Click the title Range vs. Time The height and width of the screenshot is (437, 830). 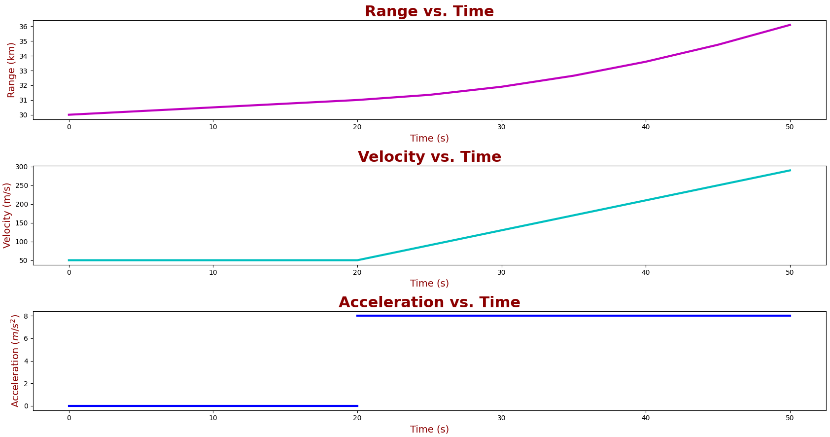429,11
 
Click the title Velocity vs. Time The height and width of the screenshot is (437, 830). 429,157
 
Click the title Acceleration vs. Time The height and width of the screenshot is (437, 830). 429,302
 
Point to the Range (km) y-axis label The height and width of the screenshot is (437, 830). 11,70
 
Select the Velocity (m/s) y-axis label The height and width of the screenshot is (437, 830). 7,215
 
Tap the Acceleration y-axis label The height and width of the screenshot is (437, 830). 15,361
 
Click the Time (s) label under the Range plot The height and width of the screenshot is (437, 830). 429,139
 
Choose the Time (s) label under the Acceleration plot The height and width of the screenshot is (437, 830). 429,429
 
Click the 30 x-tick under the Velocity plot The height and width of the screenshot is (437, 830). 501,272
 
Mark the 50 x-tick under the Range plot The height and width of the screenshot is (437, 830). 790,127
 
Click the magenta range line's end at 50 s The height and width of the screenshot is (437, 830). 790,25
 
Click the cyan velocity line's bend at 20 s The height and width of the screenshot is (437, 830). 357,260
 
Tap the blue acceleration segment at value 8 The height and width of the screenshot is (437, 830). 572,316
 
